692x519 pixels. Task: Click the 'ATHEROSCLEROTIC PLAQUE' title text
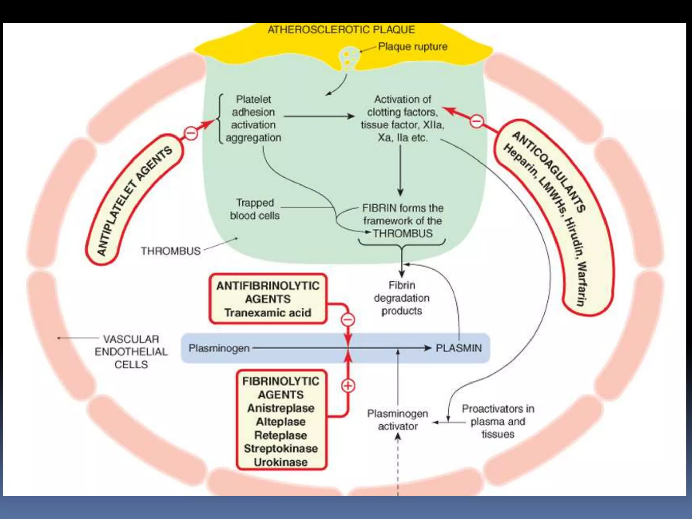[341, 30]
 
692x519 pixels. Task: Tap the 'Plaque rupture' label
[413, 46]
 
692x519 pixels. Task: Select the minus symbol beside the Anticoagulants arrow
[477, 121]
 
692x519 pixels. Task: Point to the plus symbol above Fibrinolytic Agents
[348, 386]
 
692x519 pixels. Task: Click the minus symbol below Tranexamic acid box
[348, 319]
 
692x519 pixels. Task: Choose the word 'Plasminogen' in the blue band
[219, 348]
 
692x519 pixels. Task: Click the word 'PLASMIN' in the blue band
[459, 348]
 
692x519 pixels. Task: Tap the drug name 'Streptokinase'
[281, 449]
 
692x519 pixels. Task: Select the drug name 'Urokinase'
[281, 462]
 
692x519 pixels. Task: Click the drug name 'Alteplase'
[281, 422]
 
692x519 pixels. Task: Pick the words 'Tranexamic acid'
[268, 313]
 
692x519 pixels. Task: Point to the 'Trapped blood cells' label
[255, 209]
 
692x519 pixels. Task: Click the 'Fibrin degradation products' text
[401, 298]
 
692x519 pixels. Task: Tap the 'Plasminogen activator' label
[398, 420]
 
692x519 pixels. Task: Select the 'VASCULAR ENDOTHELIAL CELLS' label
[131, 352]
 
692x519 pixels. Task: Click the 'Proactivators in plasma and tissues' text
[498, 421]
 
